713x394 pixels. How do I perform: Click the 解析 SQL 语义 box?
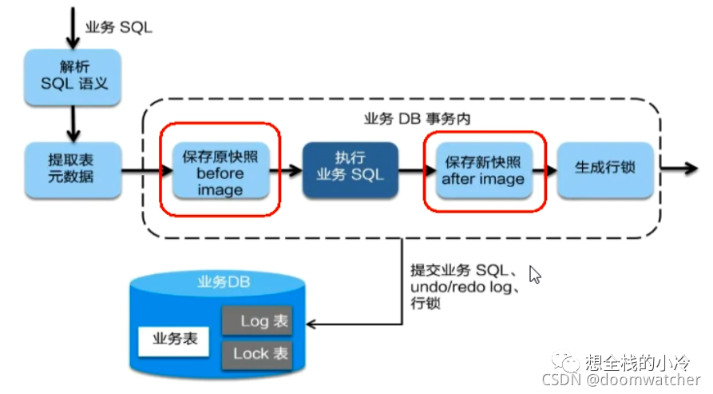73,77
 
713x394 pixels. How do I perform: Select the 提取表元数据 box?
73,169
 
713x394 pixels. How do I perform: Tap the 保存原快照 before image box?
221,169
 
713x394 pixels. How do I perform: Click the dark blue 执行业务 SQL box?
351,169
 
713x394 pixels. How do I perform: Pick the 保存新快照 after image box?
484,169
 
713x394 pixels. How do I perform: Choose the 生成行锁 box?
605,169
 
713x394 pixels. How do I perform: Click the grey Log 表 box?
257,320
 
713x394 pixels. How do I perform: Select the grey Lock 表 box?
257,354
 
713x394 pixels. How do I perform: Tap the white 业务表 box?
174,340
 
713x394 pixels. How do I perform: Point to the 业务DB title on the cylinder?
224,282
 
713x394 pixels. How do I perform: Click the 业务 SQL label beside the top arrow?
119,27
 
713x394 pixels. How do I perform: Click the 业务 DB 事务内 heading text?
417,119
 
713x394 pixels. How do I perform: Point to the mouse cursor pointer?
535,275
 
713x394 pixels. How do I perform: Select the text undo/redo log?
461,287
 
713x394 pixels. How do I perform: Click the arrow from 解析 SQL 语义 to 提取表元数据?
73,124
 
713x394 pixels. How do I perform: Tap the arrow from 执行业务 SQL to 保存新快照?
417,170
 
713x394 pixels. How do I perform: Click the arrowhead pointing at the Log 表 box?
311,324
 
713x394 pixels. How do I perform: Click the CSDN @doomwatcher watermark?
621,380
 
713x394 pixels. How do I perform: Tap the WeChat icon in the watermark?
564,361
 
